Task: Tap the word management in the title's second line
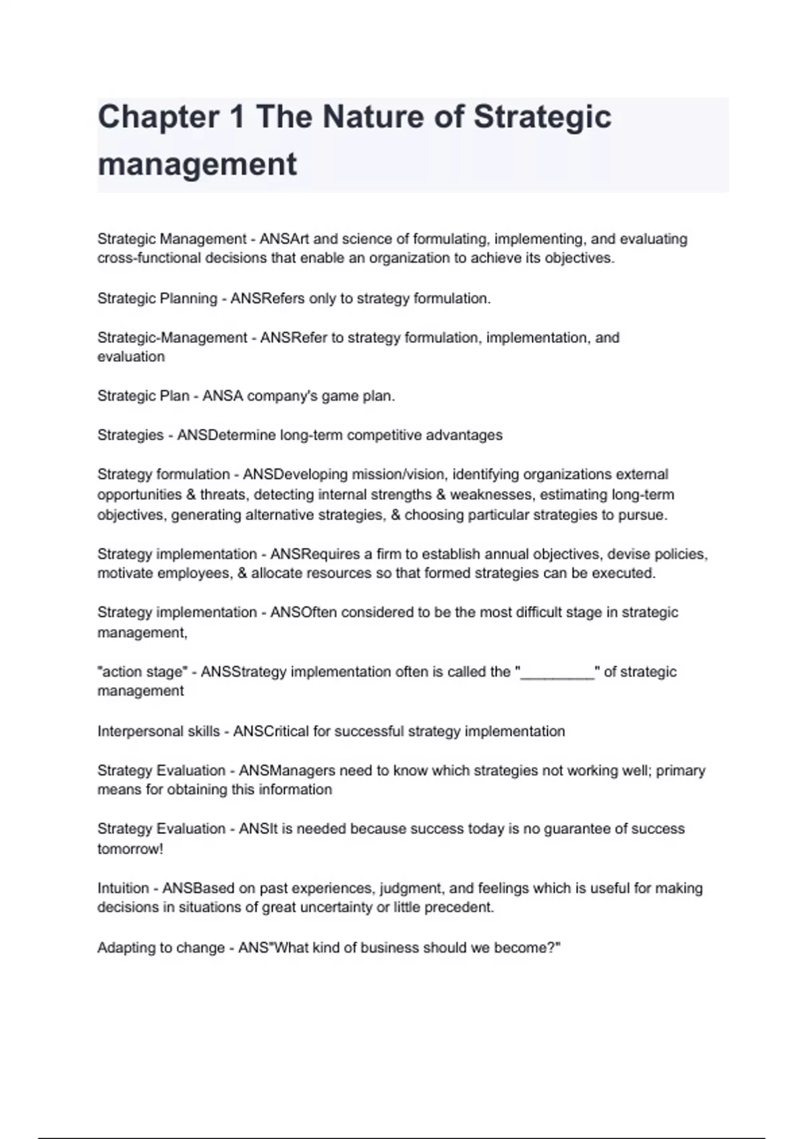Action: click(197, 164)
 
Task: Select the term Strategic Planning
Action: click(157, 299)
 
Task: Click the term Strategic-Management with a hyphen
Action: click(172, 338)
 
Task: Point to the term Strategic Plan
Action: click(143, 396)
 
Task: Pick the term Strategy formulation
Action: click(163, 474)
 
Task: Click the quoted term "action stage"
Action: click(142, 672)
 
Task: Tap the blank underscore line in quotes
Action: click(557, 672)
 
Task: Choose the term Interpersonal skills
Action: click(158, 732)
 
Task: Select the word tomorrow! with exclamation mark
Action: click(130, 849)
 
